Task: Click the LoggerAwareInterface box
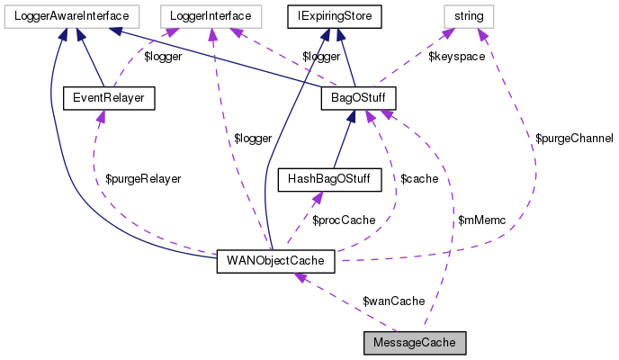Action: (70, 15)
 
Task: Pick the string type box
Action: (468, 15)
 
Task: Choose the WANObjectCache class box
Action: (275, 261)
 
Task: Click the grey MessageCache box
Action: (415, 343)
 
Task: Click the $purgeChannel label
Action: (573, 139)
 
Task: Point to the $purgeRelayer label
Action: (143, 178)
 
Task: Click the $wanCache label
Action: (393, 301)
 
